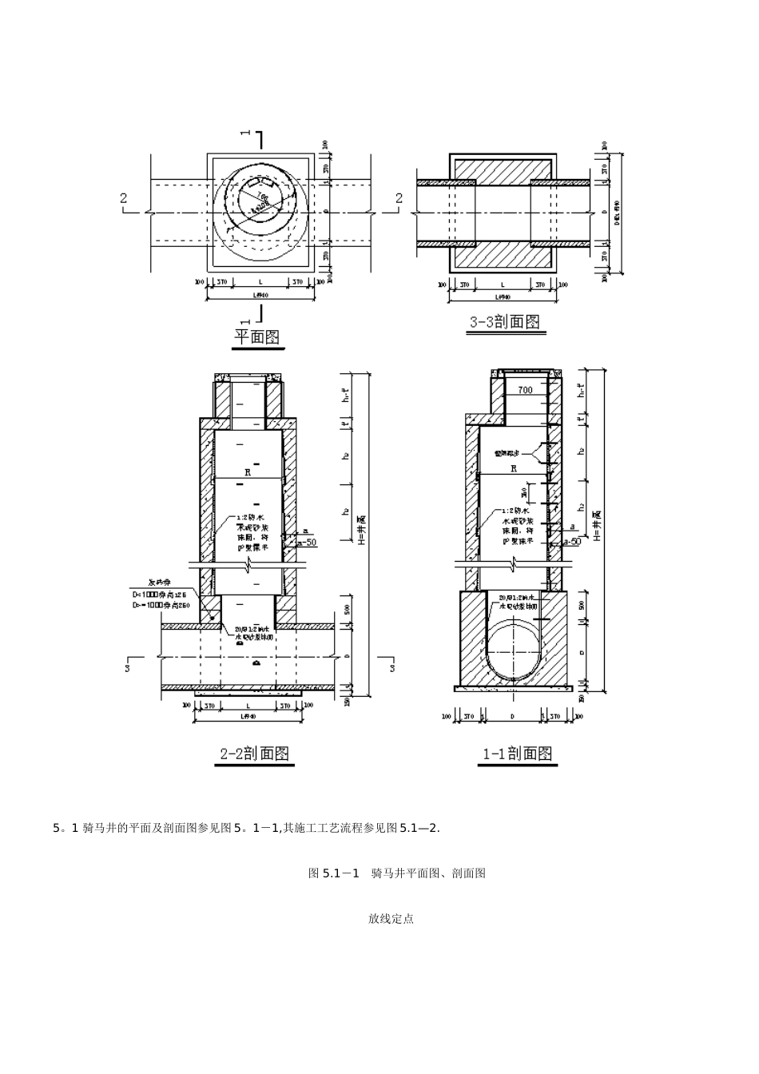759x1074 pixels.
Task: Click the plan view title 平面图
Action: pos(256,337)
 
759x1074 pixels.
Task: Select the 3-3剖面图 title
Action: pos(503,321)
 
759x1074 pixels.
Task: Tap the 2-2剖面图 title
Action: pos(254,753)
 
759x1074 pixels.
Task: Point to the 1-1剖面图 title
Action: pos(517,753)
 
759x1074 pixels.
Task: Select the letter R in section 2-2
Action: pos(248,472)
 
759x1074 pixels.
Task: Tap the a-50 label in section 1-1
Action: pos(571,542)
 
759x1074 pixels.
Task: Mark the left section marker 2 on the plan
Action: pos(124,198)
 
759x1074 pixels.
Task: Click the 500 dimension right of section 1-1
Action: pos(581,605)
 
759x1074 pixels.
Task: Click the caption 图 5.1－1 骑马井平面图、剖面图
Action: pos(397,873)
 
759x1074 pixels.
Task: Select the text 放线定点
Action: pos(391,919)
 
